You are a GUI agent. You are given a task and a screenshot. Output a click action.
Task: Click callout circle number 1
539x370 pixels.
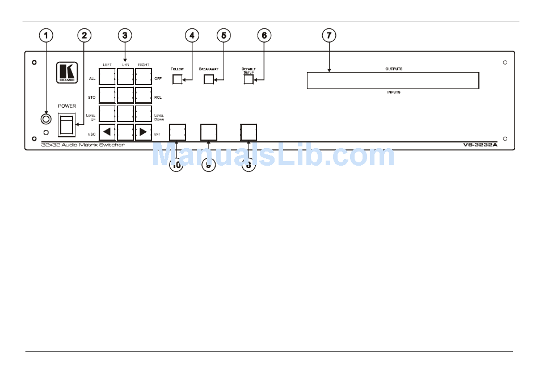click(46, 35)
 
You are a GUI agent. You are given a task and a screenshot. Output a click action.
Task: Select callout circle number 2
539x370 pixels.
click(85, 35)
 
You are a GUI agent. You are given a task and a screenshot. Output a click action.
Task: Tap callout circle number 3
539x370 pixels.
click(125, 35)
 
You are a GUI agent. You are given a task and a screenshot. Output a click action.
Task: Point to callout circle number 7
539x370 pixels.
click(329, 35)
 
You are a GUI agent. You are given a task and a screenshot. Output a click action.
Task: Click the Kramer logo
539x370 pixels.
click(66, 72)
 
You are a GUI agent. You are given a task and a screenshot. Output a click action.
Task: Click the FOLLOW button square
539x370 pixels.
click(178, 79)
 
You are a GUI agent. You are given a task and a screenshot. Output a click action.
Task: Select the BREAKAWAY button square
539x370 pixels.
click(209, 79)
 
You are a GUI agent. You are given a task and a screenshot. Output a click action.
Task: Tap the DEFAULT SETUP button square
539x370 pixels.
click(249, 79)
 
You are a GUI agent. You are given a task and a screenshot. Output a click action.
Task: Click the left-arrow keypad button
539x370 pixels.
click(107, 132)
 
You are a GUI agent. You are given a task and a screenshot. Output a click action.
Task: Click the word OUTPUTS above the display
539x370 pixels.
click(394, 69)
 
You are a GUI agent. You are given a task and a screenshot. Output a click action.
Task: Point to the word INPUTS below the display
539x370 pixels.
click(394, 92)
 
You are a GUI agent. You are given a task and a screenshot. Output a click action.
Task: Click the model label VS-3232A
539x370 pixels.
click(480, 145)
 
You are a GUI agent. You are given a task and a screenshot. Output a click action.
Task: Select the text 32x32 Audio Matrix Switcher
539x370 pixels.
click(83, 145)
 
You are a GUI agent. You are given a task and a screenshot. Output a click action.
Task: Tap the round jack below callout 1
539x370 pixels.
click(45, 119)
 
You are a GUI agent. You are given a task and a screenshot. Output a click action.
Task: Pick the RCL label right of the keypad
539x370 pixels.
click(158, 97)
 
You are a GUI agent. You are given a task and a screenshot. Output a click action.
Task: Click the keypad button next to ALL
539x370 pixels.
click(107, 77)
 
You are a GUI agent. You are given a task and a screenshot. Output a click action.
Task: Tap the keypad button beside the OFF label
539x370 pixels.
click(144, 77)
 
